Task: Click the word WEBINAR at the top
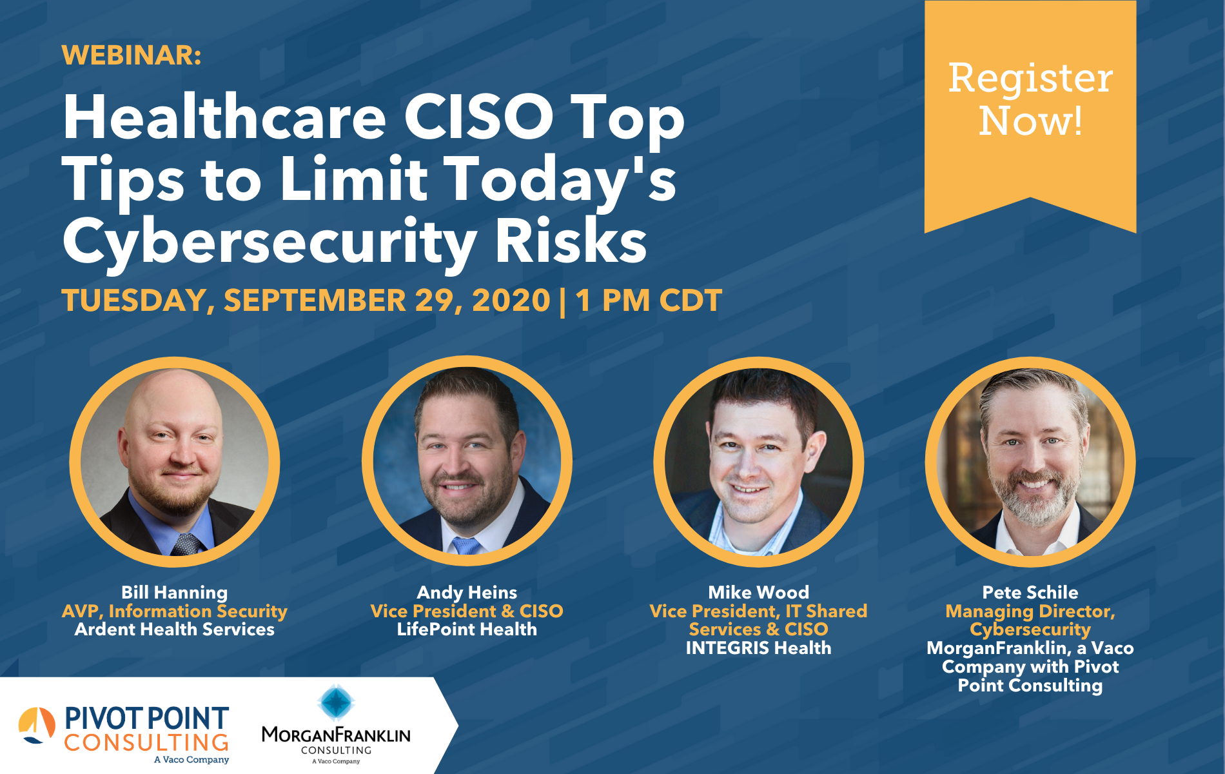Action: (132, 55)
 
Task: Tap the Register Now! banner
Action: (1030, 100)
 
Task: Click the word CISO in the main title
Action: (478, 118)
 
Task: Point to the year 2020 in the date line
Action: (511, 301)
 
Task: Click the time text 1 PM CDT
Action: (649, 301)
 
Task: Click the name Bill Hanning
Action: (174, 592)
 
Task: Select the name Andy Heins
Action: (467, 592)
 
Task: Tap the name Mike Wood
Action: (758, 592)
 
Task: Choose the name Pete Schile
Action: (1030, 592)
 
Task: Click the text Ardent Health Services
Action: (174, 630)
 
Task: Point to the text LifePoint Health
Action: (467, 630)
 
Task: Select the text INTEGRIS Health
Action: (758, 648)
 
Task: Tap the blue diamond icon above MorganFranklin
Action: (336, 702)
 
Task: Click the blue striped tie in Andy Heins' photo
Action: (465, 546)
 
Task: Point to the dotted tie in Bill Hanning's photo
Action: (187, 545)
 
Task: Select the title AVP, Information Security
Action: (174, 611)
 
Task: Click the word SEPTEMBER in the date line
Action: (314, 301)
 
